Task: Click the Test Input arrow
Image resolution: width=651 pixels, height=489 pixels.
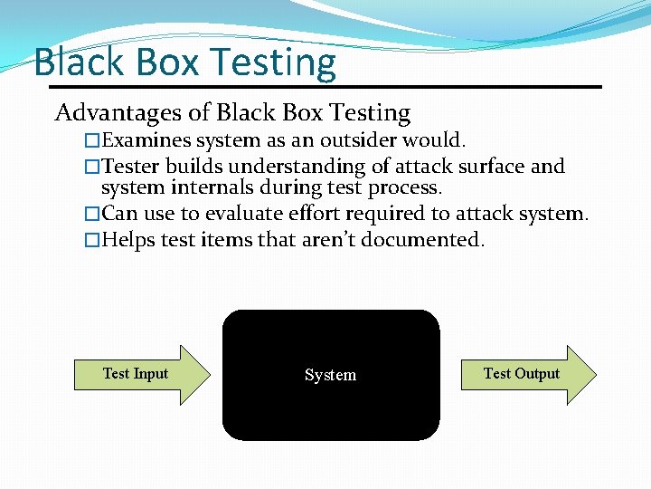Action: pyautogui.click(x=140, y=374)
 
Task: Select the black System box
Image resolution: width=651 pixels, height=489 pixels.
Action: pyautogui.click(x=331, y=407)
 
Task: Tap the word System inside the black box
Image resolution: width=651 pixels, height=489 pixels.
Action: pyautogui.click(x=330, y=375)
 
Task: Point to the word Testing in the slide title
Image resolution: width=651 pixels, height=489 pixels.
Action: pyautogui.click(x=272, y=62)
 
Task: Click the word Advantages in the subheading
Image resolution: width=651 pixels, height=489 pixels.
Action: pyautogui.click(x=115, y=113)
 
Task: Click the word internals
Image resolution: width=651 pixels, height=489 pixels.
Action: pyautogui.click(x=202, y=188)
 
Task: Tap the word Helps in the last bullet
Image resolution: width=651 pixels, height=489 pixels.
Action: pyautogui.click(x=127, y=240)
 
